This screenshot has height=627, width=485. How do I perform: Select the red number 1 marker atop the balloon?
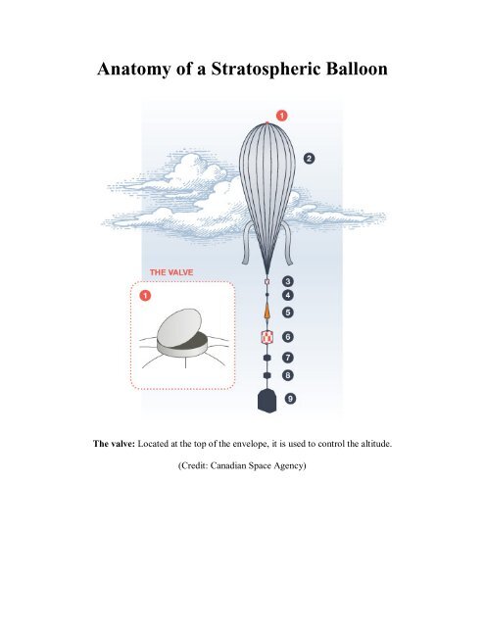[282, 116]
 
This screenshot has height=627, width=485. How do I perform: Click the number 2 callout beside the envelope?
[309, 158]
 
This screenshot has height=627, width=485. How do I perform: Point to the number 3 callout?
[288, 281]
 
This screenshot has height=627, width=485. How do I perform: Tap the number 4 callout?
[288, 294]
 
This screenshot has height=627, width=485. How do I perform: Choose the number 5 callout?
[288, 312]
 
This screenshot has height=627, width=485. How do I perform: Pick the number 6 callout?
[288, 337]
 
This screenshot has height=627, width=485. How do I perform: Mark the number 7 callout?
[288, 359]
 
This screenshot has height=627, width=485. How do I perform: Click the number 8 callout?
[288, 375]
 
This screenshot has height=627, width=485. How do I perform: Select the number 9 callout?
[289, 400]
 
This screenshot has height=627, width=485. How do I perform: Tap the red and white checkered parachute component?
[266, 337]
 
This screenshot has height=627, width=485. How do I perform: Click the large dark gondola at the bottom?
[266, 400]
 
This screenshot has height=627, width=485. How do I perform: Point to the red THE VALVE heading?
[171, 271]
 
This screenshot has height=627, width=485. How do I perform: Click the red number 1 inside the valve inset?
[144, 297]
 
